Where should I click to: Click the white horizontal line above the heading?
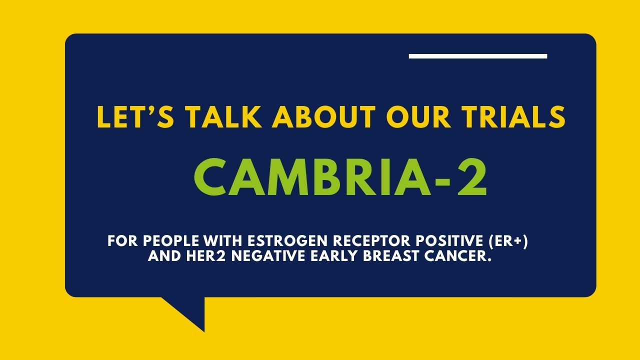click(x=477, y=56)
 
